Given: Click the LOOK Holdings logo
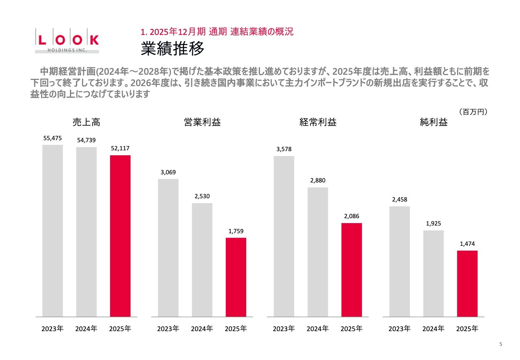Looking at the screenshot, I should pos(67,41).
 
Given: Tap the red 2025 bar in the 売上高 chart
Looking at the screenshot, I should pos(120,236).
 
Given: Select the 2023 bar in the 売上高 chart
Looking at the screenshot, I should pos(53,230).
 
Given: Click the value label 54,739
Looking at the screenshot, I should pos(87,140).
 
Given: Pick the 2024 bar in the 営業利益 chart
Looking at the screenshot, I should pos(202,260).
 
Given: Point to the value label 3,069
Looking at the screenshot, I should pos(168,172).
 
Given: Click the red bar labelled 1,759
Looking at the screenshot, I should pos(236,277).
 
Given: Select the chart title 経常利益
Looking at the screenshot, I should pos(318,122).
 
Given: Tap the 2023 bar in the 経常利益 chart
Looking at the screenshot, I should pos(284,236).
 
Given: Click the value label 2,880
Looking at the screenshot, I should pos(318,180).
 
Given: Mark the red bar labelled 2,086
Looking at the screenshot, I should pos(352,269).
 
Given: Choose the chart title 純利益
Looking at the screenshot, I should pos(434,122).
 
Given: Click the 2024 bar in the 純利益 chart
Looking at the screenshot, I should pos(433,273).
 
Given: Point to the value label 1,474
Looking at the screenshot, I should pos(467,244).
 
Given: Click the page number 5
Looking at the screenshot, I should pos(500,345).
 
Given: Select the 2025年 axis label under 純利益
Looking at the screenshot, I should pos(467,329).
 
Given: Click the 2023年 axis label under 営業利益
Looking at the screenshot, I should pos(168,329).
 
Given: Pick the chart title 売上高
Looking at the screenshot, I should pos(87,122).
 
